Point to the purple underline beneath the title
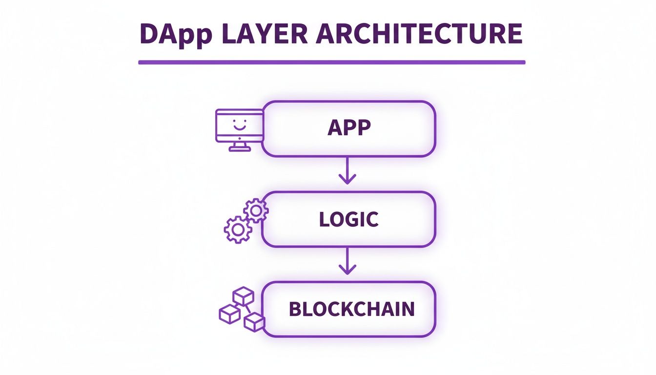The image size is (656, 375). pos(331,62)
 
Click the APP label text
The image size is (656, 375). pos(349,128)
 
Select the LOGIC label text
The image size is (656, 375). pos(349,219)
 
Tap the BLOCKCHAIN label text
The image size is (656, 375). pos(351,309)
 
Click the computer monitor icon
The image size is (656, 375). pos(239,128)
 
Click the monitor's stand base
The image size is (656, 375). pos(239,149)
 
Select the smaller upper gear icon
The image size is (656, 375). pos(256,210)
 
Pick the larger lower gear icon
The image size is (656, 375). pos(238,229)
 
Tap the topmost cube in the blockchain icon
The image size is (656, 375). pos(243,296)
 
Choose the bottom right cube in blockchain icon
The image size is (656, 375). pos(254,322)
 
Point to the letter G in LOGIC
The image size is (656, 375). pos(355,219)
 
